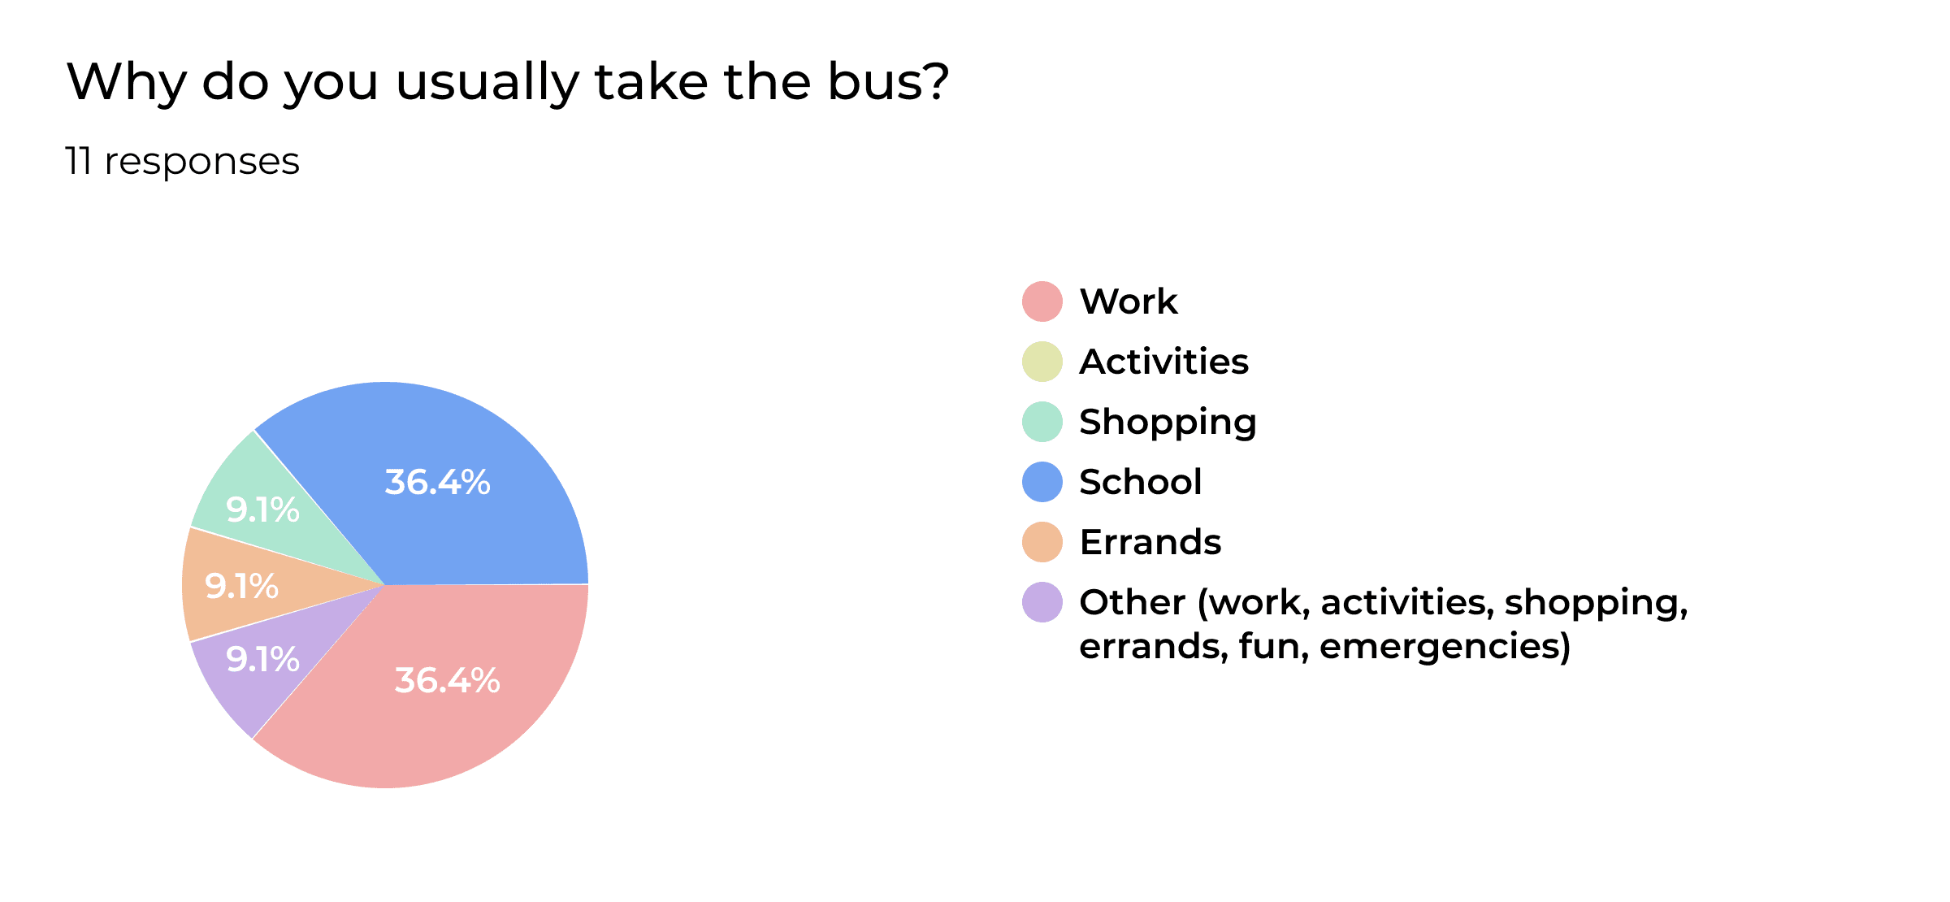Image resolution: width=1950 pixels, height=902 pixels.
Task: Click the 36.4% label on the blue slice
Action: pyautogui.click(x=437, y=482)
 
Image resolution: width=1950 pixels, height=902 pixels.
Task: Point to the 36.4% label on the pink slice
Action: pyautogui.click(x=447, y=680)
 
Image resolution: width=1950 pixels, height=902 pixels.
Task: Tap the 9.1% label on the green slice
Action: pyautogui.click(x=262, y=510)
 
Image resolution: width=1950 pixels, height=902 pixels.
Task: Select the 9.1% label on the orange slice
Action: pyautogui.click(x=241, y=586)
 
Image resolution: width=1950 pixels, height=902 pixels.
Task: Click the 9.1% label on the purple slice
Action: pyautogui.click(x=262, y=659)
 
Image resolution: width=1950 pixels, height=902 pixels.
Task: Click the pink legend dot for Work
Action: pyautogui.click(x=1042, y=301)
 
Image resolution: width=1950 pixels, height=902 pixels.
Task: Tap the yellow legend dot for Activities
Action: pyautogui.click(x=1042, y=362)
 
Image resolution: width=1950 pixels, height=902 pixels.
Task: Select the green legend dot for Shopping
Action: pyautogui.click(x=1042, y=422)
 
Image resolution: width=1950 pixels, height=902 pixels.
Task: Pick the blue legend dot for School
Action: pyautogui.click(x=1042, y=482)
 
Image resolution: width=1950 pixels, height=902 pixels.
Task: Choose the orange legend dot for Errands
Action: pyautogui.click(x=1042, y=542)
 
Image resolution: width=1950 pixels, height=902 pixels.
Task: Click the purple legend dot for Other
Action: pyautogui.click(x=1042, y=602)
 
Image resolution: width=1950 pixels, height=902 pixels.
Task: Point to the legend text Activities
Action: pyautogui.click(x=1163, y=362)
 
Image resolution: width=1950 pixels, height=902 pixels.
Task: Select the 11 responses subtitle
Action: pyautogui.click(x=182, y=161)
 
